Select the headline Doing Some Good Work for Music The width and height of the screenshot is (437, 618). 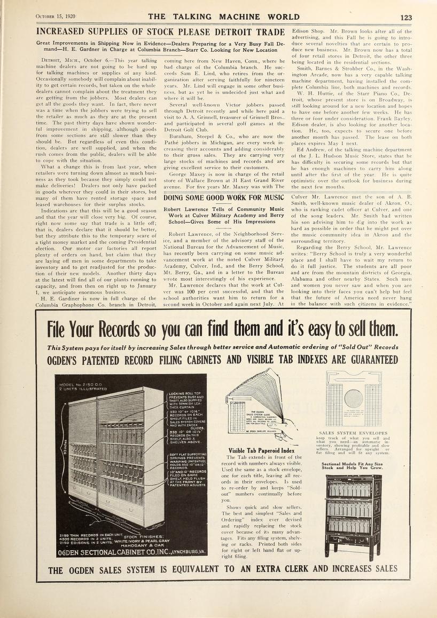click(223, 199)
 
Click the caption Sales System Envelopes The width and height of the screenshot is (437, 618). click(353, 433)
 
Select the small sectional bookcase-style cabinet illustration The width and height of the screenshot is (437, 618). click(353, 510)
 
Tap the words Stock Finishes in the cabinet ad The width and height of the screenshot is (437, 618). click(146, 536)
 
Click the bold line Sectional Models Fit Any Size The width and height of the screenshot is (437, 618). click(353, 464)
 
